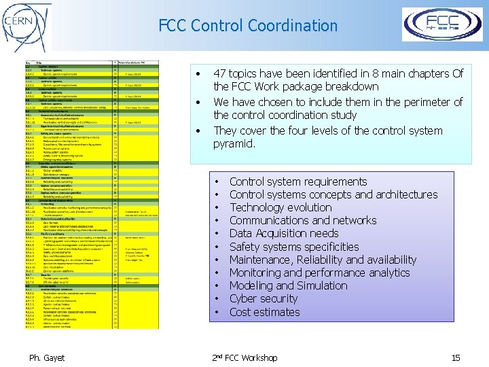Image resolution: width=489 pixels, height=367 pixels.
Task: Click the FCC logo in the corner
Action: click(x=442, y=24)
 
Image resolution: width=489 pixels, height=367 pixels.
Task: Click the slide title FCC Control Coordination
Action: click(x=248, y=26)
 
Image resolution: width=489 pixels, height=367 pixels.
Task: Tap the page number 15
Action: click(x=456, y=357)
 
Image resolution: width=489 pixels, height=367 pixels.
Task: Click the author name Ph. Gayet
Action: click(x=46, y=357)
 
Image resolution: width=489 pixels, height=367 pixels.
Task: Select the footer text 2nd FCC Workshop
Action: click(x=245, y=357)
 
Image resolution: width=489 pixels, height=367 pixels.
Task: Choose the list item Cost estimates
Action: click(x=264, y=312)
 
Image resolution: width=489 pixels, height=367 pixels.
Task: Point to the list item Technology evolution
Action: click(x=280, y=207)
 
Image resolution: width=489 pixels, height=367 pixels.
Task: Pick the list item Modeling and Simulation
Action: click(x=288, y=285)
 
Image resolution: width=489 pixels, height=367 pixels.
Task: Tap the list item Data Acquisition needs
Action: click(x=284, y=233)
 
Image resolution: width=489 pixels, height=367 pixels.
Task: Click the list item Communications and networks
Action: click(x=302, y=220)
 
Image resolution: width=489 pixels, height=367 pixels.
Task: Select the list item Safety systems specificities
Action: click(x=294, y=247)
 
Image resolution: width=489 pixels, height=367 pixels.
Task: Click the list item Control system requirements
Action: click(x=298, y=181)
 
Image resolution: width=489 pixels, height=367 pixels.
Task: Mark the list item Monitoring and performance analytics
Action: click(x=319, y=273)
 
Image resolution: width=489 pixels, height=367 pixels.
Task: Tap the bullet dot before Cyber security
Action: click(x=215, y=299)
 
